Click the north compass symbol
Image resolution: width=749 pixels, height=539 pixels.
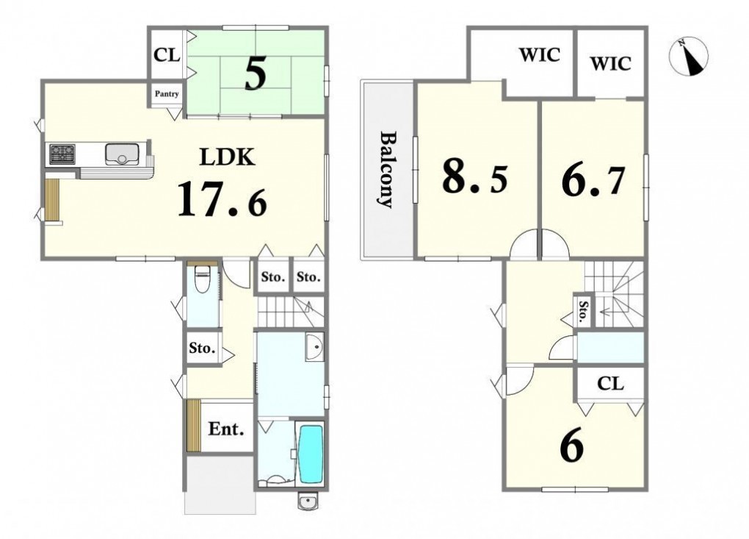tap(688, 57)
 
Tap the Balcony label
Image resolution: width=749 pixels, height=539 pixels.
tap(387, 169)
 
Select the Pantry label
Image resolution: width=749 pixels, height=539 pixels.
tap(167, 93)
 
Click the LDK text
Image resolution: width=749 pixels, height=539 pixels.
tap(227, 157)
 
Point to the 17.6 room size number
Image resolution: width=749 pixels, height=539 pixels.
tap(222, 200)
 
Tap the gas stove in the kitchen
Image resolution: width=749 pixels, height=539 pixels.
tap(62, 154)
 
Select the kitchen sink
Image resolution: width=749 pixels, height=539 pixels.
tap(123, 154)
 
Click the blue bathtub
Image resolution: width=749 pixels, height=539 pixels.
tap(310, 454)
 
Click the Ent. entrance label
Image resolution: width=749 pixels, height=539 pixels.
tap(226, 429)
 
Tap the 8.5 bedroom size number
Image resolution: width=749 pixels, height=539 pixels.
tap(475, 176)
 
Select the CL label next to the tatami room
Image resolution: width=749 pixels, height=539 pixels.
tap(167, 55)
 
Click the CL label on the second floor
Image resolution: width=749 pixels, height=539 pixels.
tap(610, 383)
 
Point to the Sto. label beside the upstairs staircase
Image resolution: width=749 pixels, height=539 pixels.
tap(582, 311)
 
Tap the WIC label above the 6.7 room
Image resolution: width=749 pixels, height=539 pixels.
tap(610, 63)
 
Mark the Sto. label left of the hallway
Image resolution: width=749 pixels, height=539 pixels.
tap(202, 348)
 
